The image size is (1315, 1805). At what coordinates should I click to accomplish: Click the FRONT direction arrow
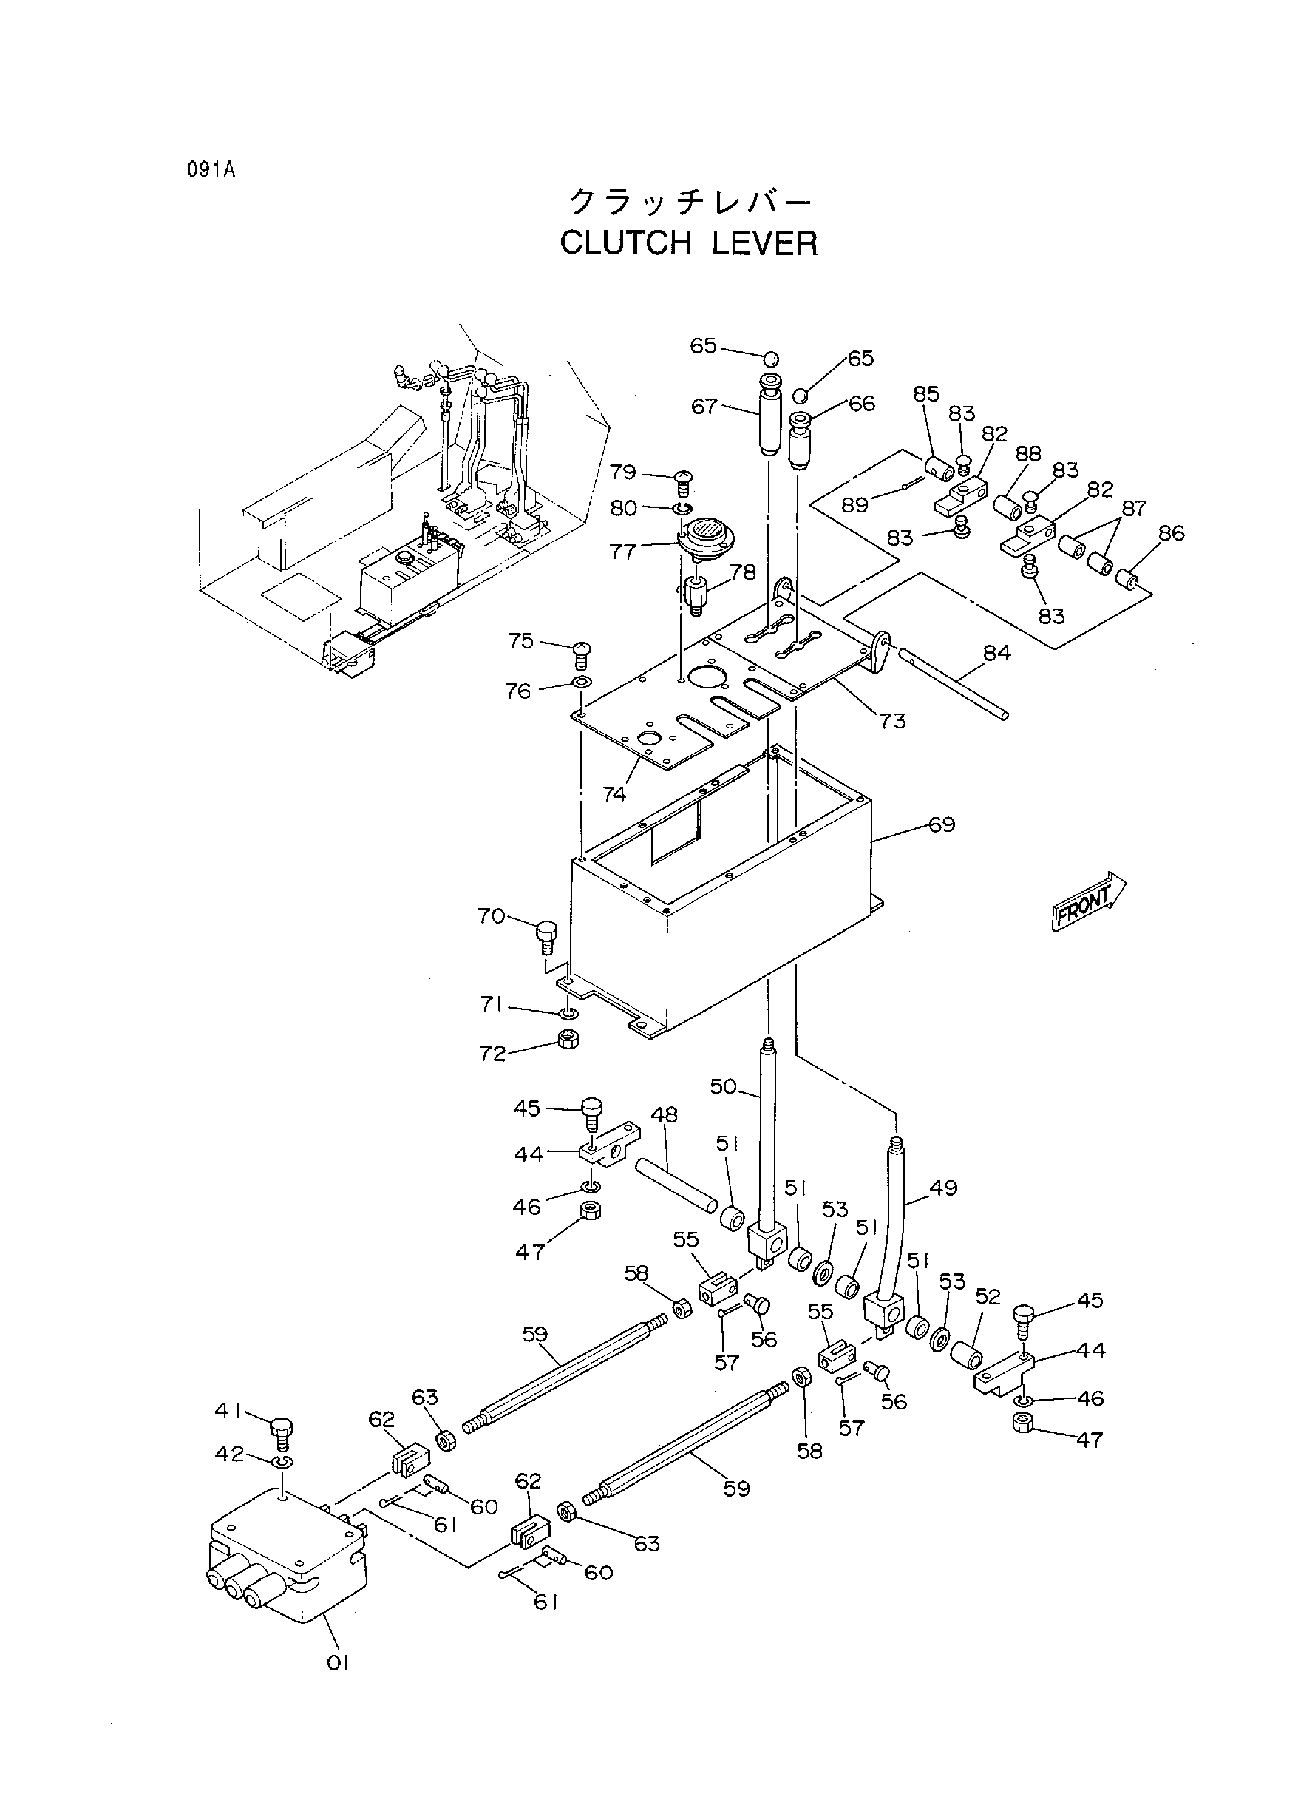(1088, 901)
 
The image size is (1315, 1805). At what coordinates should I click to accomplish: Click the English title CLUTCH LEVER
(688, 243)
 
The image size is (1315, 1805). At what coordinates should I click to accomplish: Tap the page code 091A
(211, 170)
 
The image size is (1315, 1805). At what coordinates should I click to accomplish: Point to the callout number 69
(942, 824)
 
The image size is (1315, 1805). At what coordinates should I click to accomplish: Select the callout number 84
(996, 653)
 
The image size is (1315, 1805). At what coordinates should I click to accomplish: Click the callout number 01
(338, 1663)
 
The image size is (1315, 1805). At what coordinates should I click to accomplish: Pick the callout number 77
(622, 551)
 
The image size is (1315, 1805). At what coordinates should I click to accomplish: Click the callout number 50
(723, 1086)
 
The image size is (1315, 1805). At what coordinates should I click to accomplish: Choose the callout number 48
(664, 1114)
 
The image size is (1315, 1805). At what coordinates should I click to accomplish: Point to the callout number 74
(614, 794)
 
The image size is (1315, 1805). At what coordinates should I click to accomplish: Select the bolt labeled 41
(282, 1434)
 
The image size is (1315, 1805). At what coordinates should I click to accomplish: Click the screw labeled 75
(581, 654)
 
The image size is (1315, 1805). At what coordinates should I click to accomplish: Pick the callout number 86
(1172, 532)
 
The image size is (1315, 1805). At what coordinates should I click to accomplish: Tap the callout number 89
(855, 505)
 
